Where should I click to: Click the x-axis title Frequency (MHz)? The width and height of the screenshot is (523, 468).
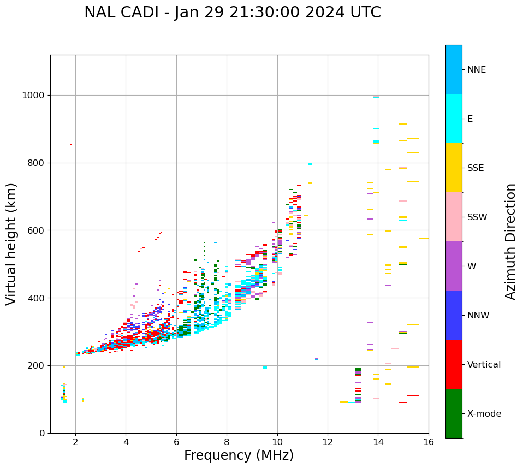239,455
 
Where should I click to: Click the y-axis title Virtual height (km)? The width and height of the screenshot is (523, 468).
11,244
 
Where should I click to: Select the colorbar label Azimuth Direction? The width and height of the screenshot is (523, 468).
510,241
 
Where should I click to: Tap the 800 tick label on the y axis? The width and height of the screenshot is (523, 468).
36,163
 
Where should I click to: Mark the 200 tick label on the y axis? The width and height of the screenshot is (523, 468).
36,366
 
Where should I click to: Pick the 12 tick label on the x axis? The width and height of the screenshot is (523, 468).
328,442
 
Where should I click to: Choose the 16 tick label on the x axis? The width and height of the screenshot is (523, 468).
429,442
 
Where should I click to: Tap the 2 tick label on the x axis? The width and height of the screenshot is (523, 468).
75,442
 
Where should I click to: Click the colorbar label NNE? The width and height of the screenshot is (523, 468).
476,70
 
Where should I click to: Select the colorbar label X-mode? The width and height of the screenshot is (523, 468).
484,414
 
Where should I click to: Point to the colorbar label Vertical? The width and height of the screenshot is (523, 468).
484,365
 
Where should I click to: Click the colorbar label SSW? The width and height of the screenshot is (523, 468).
477,217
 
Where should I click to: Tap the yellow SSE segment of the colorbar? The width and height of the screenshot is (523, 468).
454,168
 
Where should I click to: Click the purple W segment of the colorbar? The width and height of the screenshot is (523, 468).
454,266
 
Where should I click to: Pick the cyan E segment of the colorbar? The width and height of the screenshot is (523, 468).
454,119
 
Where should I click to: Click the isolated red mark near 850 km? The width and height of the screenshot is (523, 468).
70,144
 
